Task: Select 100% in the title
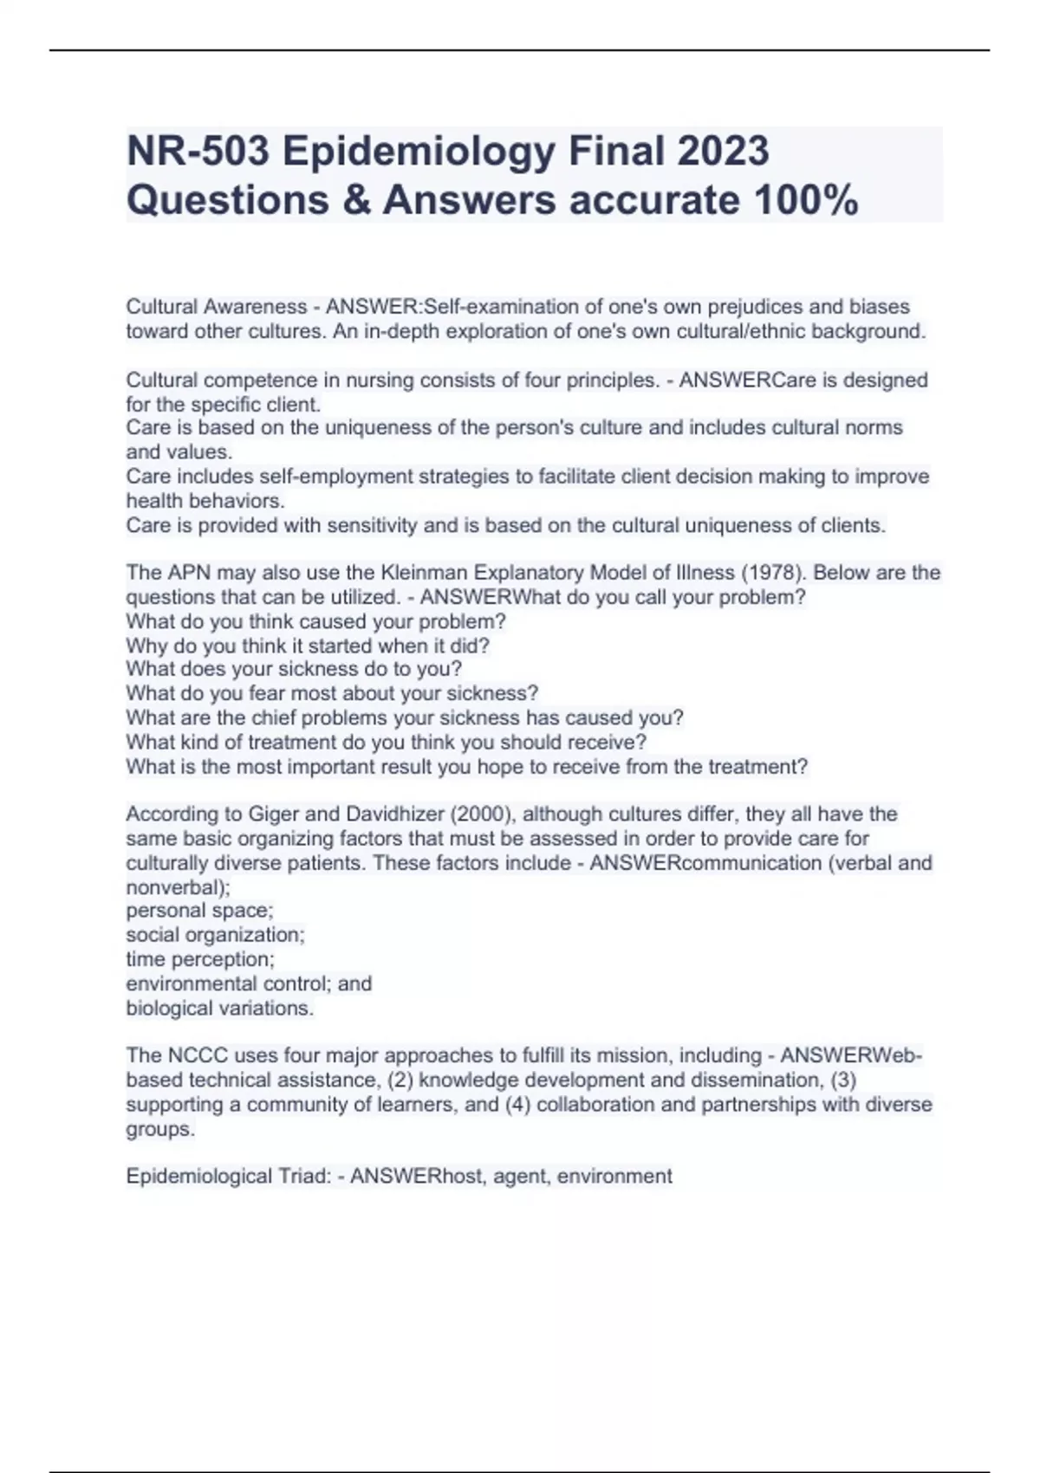pos(807,201)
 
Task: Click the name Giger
pos(274,814)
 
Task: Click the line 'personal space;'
pos(200,911)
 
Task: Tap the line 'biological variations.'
pos(220,1009)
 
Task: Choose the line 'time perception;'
pos(200,960)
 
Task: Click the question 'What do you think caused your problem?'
pos(316,621)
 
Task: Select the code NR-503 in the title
pos(198,152)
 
